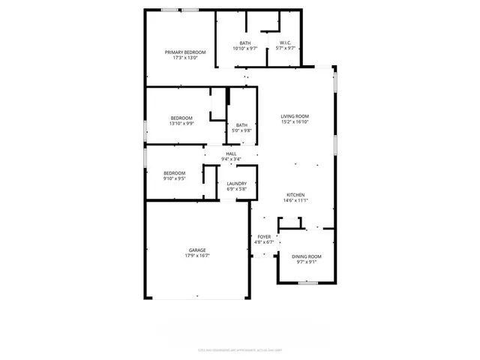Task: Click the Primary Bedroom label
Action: (185, 52)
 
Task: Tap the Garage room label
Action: (197, 250)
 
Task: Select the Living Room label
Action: (295, 116)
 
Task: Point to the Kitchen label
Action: (294, 195)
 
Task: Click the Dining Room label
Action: (306, 256)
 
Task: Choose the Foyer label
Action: (263, 236)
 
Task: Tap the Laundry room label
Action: (237, 183)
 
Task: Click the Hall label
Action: (231, 153)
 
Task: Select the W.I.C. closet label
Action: (286, 43)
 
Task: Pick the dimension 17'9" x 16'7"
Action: (197, 256)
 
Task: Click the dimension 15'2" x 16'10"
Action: (295, 122)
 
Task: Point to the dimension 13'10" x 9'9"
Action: (181, 124)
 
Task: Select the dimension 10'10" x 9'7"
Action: (245, 49)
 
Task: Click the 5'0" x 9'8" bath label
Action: (241, 130)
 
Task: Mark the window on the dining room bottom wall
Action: (306, 283)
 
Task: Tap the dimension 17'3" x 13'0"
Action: (185, 58)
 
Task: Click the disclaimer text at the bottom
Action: (240, 349)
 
